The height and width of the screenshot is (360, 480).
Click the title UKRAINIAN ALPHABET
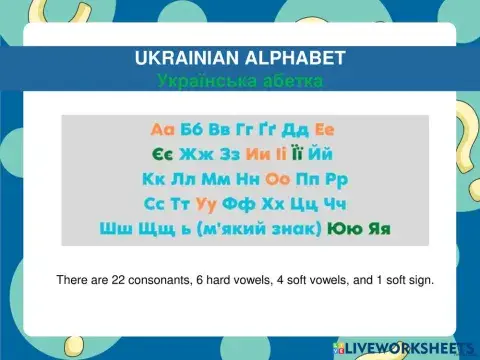click(240, 58)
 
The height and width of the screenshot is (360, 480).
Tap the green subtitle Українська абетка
click(240, 78)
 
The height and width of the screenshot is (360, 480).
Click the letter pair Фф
click(241, 204)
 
